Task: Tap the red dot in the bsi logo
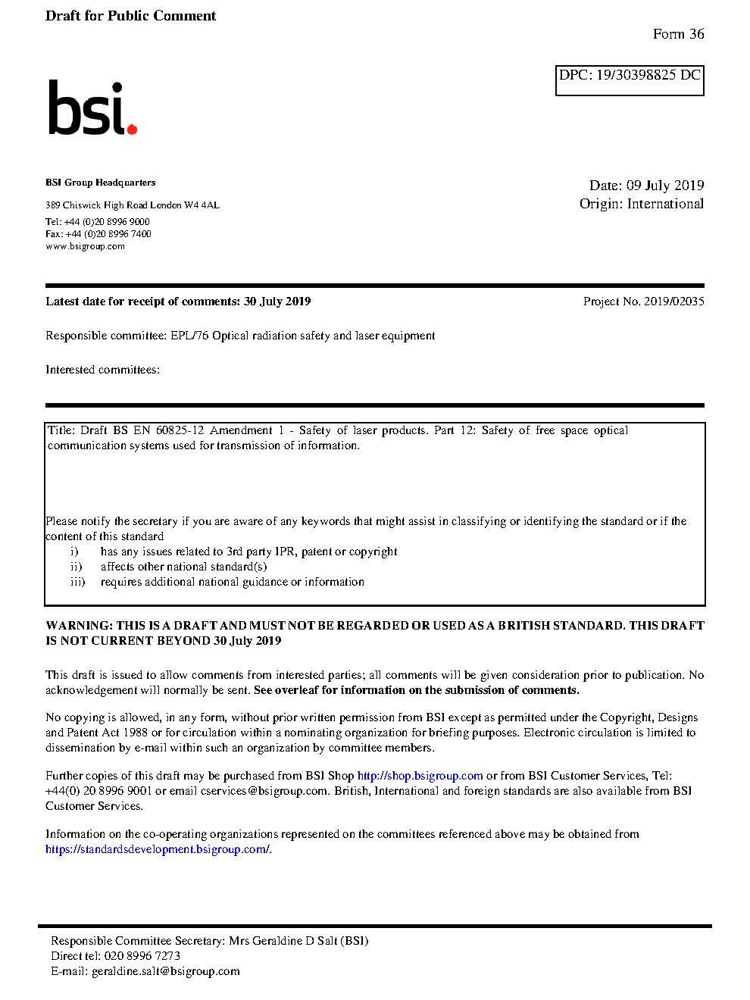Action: point(132,129)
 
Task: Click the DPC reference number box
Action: point(630,80)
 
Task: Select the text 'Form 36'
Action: point(678,34)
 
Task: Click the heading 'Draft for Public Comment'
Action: point(130,16)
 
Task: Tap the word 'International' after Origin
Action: point(665,204)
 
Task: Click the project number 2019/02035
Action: point(673,302)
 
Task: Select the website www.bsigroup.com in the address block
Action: point(85,246)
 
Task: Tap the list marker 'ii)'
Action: point(77,567)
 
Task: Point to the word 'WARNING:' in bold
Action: point(79,626)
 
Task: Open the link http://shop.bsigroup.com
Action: point(420,776)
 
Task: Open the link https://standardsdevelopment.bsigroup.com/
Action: point(158,849)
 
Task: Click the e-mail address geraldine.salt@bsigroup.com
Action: point(165,971)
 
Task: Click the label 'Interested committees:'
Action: point(102,370)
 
